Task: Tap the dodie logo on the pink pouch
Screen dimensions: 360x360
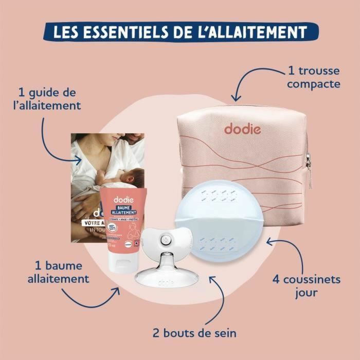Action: click(x=242, y=128)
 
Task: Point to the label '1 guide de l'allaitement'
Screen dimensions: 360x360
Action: click(x=50, y=99)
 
